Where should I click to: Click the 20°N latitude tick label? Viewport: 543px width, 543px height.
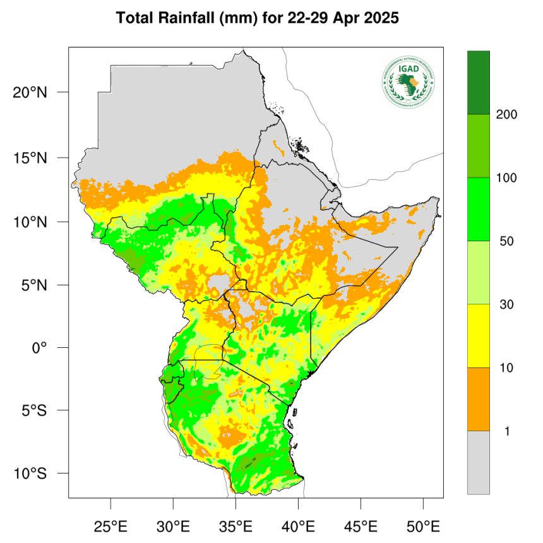(x=29, y=93)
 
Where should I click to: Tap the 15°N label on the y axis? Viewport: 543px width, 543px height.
(x=29, y=157)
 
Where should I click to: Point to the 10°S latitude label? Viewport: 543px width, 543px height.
(x=29, y=474)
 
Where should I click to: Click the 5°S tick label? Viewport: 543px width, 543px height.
(x=32, y=410)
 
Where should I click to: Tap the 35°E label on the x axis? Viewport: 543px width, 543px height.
(x=236, y=525)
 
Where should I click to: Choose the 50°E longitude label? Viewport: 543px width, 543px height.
(x=423, y=525)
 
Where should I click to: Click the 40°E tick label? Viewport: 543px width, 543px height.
(x=298, y=525)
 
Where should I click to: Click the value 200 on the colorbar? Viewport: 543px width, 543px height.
(x=506, y=115)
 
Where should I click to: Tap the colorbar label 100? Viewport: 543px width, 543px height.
(x=506, y=178)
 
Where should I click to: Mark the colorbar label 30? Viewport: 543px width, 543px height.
(x=506, y=305)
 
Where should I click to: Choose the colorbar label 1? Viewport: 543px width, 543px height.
(x=506, y=431)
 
